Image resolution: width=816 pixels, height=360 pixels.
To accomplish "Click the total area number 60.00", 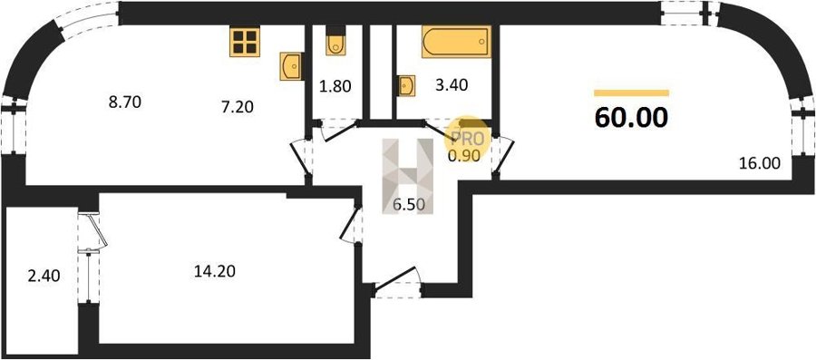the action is coord(631,118).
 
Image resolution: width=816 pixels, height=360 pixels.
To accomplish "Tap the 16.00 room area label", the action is coord(760,163).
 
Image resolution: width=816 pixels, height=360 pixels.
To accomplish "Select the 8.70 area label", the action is coord(125,102).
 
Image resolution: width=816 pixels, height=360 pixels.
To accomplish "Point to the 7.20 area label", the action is coord(237,107).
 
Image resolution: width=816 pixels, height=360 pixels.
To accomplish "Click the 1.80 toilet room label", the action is coord(335,86).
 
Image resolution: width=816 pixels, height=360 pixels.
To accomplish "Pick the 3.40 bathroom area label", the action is coord(452,85).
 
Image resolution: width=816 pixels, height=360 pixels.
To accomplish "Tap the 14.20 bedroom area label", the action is coord(215,271).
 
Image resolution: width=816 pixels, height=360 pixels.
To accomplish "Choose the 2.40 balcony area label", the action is coord(44,275).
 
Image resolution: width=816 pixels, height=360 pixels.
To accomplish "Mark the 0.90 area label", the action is coord(467,155).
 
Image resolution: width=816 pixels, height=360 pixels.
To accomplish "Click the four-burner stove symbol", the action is coord(245,42).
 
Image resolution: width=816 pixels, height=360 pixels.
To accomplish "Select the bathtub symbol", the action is coord(456,42).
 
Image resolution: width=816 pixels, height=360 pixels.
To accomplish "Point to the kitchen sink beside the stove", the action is coord(291,66).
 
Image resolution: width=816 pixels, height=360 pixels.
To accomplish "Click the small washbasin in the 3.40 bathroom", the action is coord(406,86).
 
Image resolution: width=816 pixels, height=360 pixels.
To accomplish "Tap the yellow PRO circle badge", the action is coord(467,139).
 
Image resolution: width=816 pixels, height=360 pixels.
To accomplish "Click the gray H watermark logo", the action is coord(408,176).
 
